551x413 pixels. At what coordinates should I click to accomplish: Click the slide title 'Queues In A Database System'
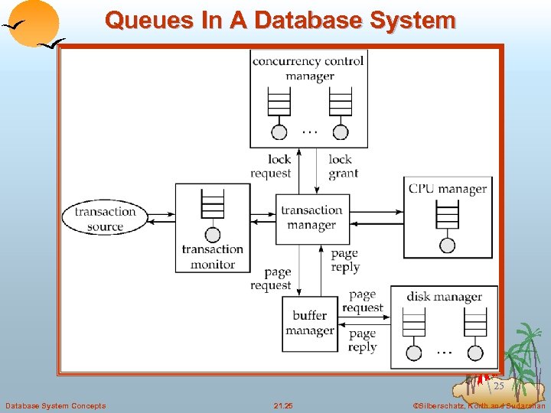point(280,20)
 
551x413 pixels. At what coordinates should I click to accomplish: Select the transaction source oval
point(105,219)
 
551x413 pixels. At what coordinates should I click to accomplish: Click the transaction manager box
point(311,218)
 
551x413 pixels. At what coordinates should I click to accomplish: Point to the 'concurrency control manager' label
point(308,68)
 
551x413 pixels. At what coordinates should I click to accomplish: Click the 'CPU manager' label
point(447,188)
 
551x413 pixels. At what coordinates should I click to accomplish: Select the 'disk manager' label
point(444,297)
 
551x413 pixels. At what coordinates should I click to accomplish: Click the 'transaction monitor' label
point(212,257)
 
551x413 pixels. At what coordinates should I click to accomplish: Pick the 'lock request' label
point(271,166)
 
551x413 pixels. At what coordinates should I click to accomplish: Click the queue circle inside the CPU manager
point(447,246)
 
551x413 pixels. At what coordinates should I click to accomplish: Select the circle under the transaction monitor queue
point(213,235)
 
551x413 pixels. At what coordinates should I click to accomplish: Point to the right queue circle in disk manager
point(475,353)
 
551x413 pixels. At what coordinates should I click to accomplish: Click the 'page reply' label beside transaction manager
point(345,260)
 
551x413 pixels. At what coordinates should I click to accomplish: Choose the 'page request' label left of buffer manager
point(271,279)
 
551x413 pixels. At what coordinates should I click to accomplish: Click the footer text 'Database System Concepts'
point(55,405)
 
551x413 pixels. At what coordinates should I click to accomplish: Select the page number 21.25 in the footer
point(283,405)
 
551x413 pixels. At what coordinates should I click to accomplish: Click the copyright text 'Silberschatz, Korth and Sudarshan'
point(479,405)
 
